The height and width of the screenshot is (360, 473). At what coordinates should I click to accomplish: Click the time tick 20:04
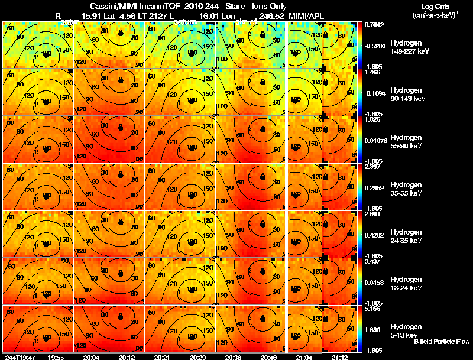tap(91, 357)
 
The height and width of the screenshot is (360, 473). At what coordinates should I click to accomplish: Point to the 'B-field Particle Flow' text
tap(441, 342)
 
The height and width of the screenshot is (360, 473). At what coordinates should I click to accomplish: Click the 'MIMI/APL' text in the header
tap(307, 15)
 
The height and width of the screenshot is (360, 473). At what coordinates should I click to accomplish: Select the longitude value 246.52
tap(270, 15)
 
